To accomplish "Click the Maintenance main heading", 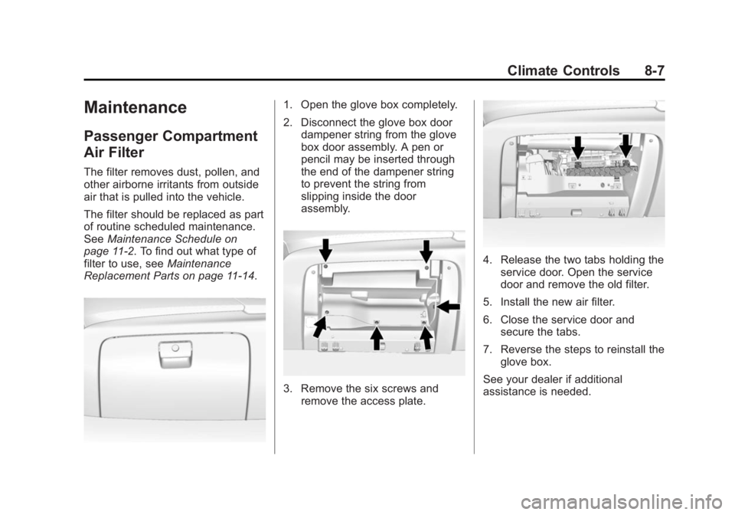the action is (135, 107).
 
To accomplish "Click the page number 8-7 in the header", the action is (654, 71).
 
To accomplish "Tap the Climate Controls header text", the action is (563, 71).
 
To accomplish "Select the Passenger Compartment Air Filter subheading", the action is (171, 144).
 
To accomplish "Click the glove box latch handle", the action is (175, 353).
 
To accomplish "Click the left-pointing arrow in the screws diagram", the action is (448, 307).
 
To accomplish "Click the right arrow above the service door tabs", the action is (626, 146).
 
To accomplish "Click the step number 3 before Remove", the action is (287, 389).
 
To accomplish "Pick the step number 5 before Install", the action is (487, 302).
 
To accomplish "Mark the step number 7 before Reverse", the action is (487, 350).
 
